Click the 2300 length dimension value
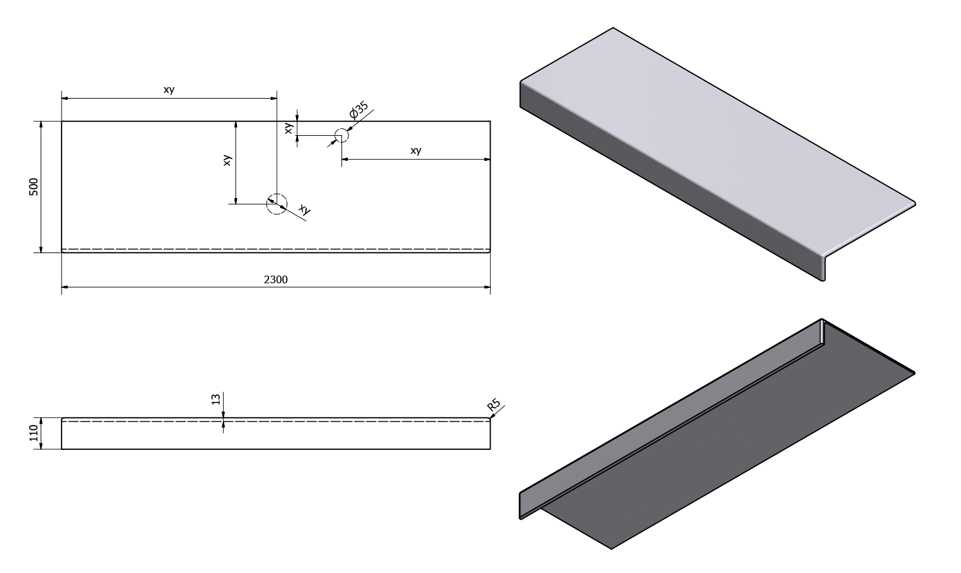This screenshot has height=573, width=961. [x=275, y=280]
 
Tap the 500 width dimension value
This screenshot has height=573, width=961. [x=33, y=187]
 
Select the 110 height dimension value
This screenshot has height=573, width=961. [x=33, y=433]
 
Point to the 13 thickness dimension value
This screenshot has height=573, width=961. [x=216, y=399]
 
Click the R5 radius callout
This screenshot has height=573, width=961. [x=494, y=404]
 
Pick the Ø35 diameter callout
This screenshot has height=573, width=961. [x=359, y=110]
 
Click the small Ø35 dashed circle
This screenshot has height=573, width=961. [x=341, y=135]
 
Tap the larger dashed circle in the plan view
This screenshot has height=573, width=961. [x=277, y=204]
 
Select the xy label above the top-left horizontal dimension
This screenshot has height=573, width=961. [x=169, y=90]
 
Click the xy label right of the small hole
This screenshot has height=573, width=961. [x=416, y=150]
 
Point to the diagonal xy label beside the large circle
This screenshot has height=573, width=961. [x=304, y=209]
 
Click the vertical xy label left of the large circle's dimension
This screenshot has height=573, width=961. [x=227, y=160]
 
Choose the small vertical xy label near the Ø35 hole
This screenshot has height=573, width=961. [x=289, y=128]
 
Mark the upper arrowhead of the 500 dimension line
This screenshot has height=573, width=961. [x=41, y=124]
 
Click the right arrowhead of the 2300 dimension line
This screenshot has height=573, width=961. [x=487, y=286]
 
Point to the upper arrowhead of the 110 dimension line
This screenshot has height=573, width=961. [x=41, y=421]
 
